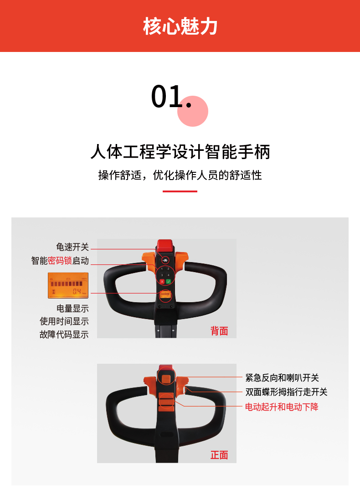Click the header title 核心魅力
tap(180, 26)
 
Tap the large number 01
tap(171, 97)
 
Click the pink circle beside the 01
tap(193, 111)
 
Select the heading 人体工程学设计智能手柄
tap(180, 152)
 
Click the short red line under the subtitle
tap(180, 191)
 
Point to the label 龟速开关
tap(72, 247)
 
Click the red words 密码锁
tap(60, 261)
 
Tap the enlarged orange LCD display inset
tap(68, 285)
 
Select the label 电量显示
tap(72, 309)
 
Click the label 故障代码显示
tap(64, 334)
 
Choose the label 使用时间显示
tap(64, 321)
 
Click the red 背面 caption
tap(219, 331)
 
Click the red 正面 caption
tap(219, 455)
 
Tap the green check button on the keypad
tap(169, 281)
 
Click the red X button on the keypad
tap(162, 281)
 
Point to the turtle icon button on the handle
tap(165, 260)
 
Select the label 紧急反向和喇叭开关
tap(283, 377)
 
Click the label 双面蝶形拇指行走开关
tap(287, 392)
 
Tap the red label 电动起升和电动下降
tap(282, 407)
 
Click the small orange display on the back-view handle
tap(165, 295)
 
